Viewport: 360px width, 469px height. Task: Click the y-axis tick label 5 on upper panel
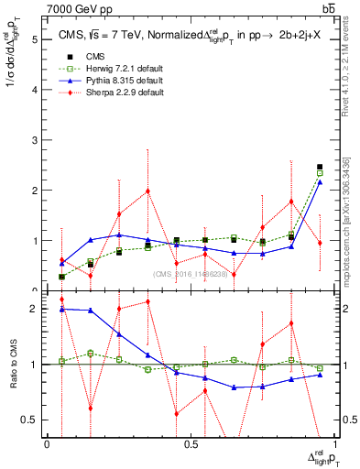click(34, 40)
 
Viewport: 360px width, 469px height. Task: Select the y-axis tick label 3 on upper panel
click(34, 140)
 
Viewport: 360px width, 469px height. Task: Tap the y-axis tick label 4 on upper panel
click(34, 91)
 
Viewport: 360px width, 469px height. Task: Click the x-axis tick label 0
click(47, 444)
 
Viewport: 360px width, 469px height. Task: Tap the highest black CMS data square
click(320, 167)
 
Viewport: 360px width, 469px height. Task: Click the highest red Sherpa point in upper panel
click(147, 191)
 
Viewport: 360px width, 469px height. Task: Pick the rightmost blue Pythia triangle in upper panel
click(320, 182)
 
